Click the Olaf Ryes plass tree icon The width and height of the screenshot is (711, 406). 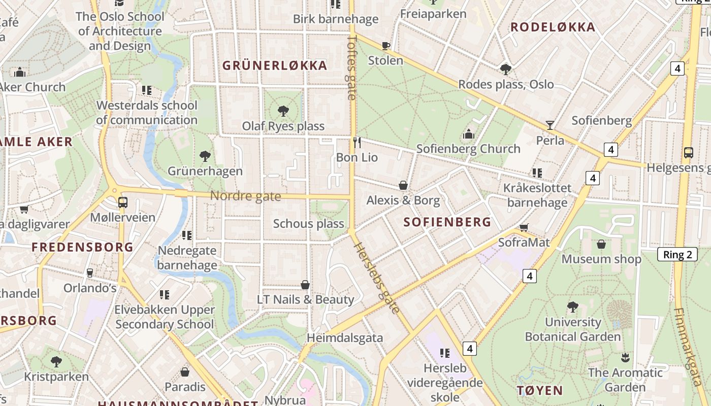[283, 111]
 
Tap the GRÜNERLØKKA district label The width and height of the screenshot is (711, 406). [275, 65]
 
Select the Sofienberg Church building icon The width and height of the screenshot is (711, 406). [468, 134]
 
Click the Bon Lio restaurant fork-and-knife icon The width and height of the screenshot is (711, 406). [357, 143]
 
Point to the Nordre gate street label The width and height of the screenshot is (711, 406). [245, 196]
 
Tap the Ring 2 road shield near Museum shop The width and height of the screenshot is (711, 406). [677, 255]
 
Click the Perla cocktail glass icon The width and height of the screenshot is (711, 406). [550, 125]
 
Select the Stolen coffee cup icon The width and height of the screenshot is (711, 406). [385, 46]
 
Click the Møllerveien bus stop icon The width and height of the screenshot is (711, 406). [122, 202]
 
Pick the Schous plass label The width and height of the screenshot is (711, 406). [308, 224]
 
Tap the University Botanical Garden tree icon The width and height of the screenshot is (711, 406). [572, 307]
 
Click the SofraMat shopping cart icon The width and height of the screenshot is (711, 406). [524, 227]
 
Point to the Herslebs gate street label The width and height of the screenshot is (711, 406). [377, 278]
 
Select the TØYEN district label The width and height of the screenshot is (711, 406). [539, 391]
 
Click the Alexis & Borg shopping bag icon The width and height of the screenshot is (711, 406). [403, 185]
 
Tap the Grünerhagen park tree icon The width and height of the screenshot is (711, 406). [205, 156]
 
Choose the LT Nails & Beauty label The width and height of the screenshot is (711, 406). [305, 299]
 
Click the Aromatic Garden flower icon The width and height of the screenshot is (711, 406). [625, 357]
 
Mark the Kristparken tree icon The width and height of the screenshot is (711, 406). [56, 362]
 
